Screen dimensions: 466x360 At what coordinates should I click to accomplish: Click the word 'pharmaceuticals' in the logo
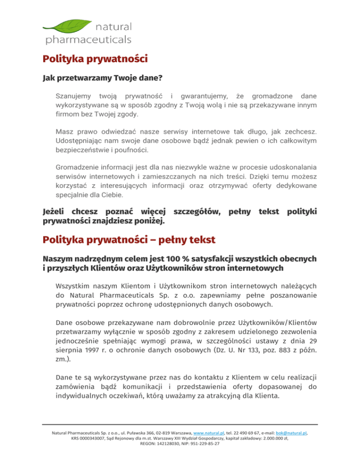88,39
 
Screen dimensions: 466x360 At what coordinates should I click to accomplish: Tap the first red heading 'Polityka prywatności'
95,60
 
